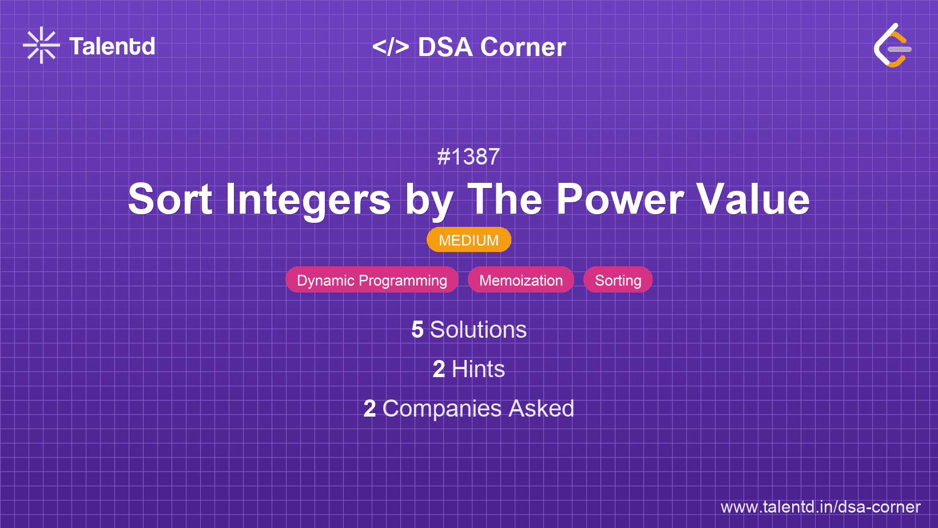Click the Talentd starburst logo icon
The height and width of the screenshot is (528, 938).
coord(41,45)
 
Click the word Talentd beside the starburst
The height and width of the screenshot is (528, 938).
coord(112,46)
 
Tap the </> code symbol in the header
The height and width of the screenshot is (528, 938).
coord(390,46)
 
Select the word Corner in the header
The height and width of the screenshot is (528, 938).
coord(523,46)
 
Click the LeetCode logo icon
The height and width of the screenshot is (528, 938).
coord(892,45)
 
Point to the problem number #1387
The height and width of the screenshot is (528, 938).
coord(468,157)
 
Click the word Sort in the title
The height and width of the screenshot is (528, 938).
coord(170,199)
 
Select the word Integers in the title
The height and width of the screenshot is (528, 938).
coord(308,201)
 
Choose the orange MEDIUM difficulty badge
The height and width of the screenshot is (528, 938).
coord(469,240)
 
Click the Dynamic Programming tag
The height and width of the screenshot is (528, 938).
coord(372,280)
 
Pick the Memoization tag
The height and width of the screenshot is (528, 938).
coord(521,280)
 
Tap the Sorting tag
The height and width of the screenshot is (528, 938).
coord(618,280)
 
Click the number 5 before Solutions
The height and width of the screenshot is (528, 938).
coord(418,330)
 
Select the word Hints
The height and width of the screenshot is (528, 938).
coord(478,369)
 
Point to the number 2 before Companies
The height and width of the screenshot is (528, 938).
coord(369,409)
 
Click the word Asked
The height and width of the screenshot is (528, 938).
coord(541,409)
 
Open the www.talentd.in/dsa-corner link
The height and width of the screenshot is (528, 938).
coord(820,507)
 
